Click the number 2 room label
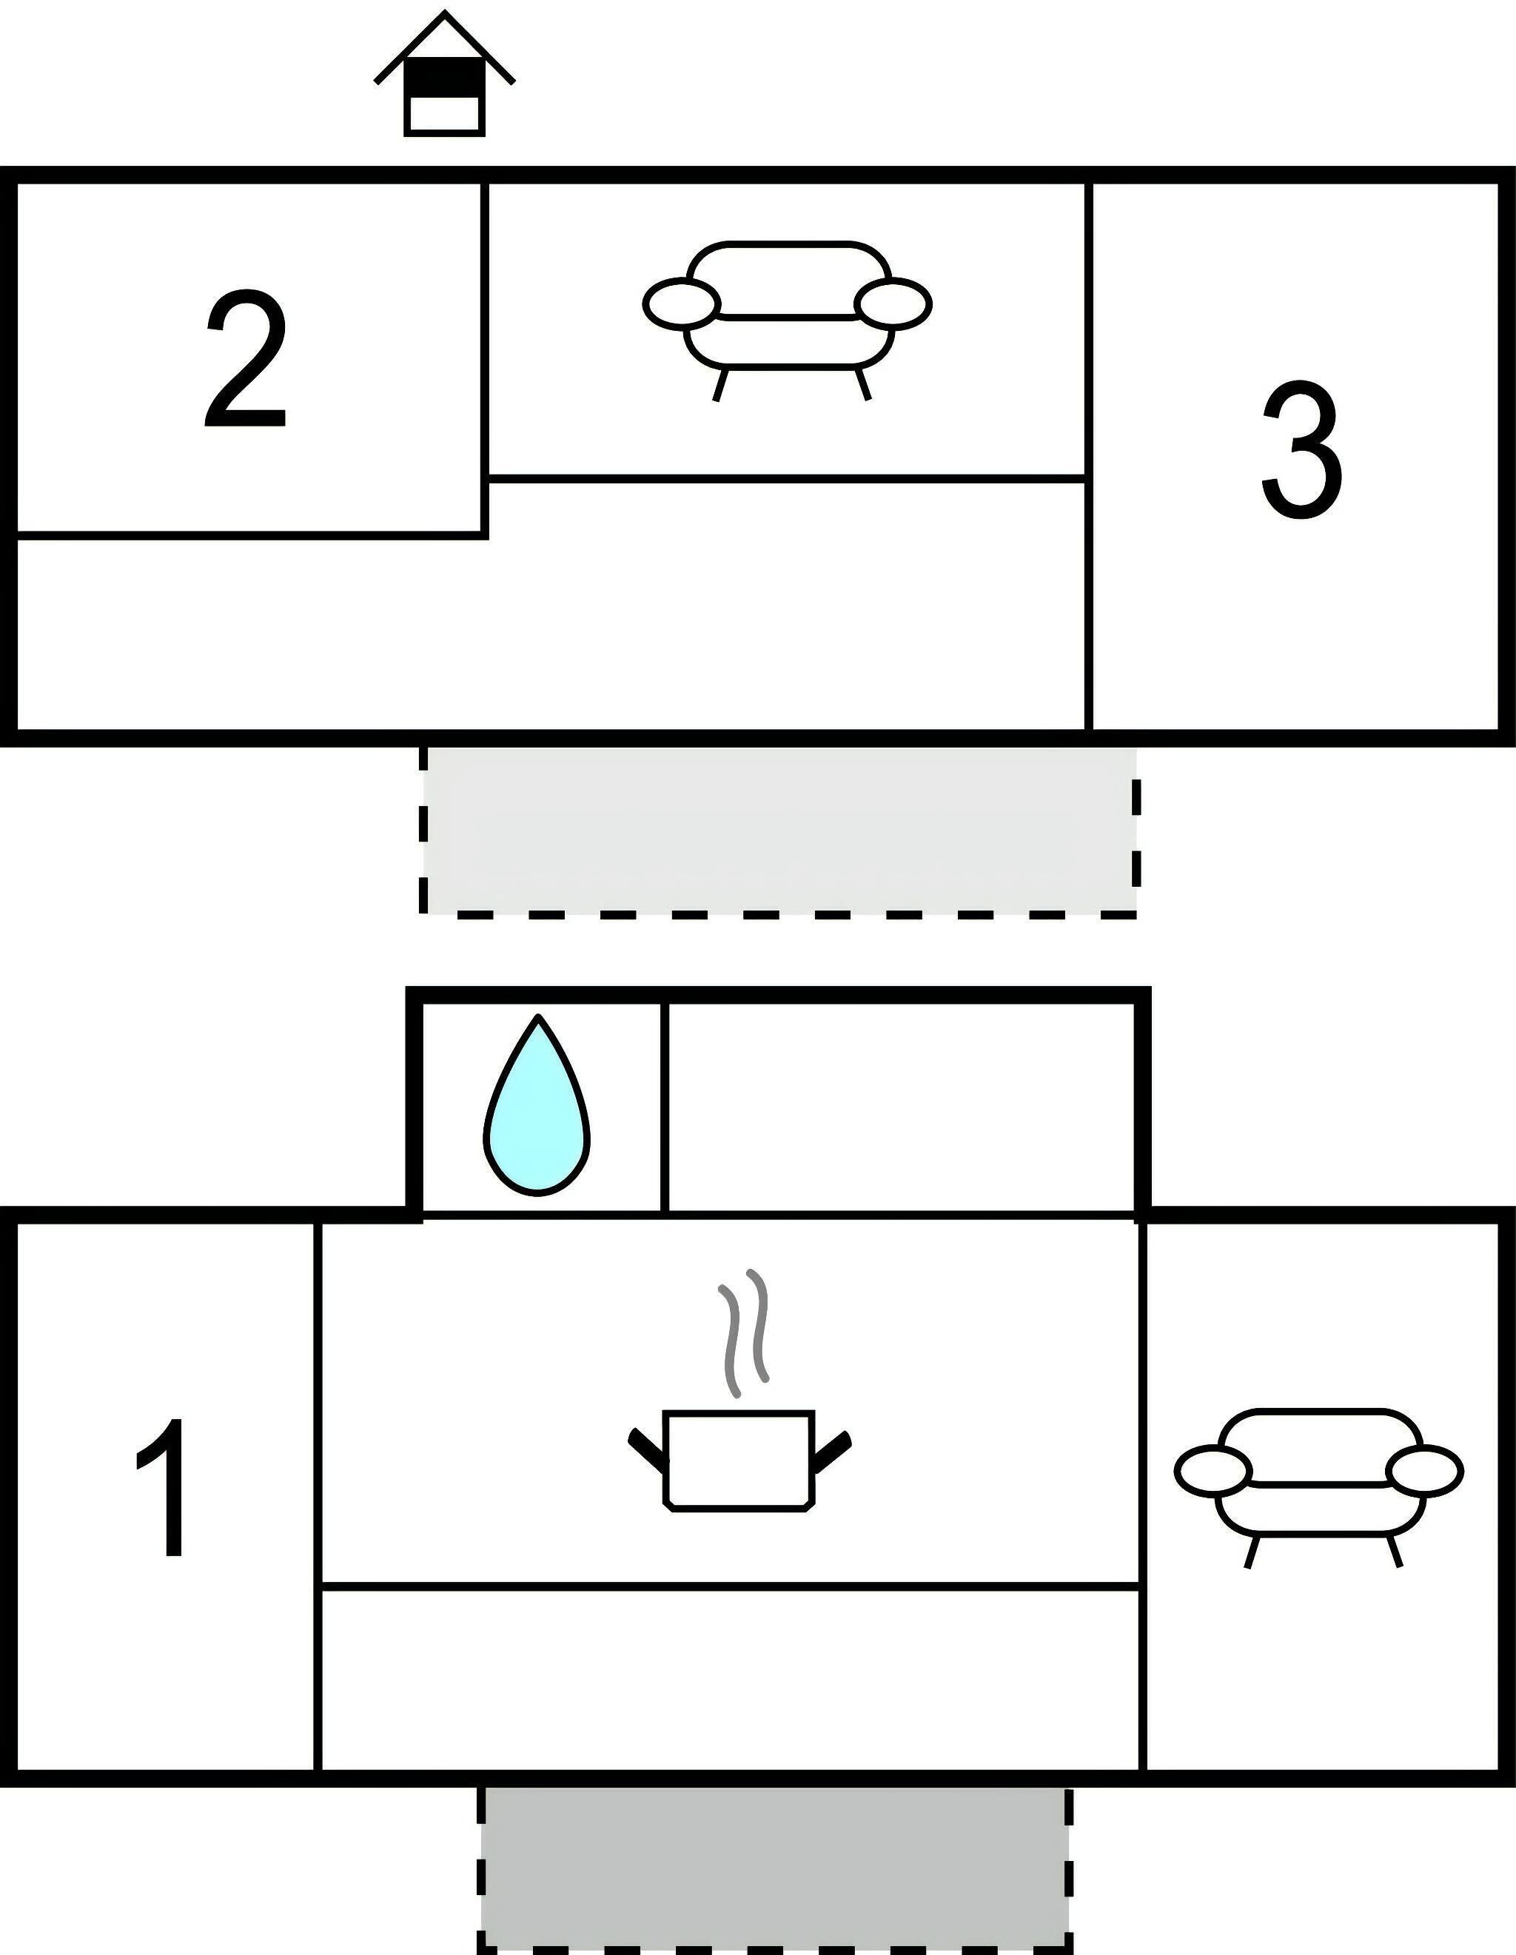[x=246, y=360]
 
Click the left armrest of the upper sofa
[x=681, y=303]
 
